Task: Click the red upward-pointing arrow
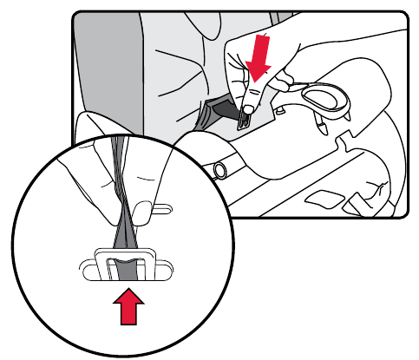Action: pyautogui.click(x=129, y=308)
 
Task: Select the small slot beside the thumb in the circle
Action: pyautogui.click(x=160, y=207)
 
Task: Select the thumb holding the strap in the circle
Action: pyautogui.click(x=143, y=173)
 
